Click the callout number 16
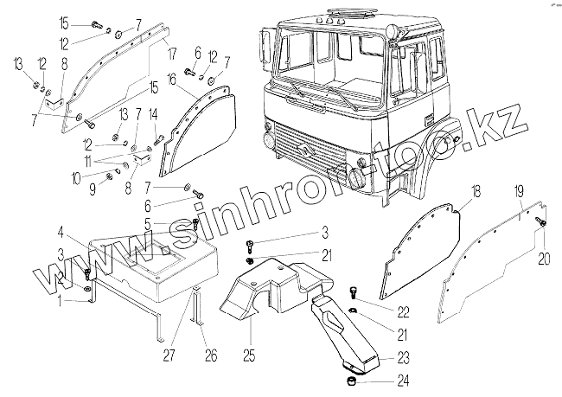[172, 79]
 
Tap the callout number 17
[172, 51]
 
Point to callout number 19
[518, 190]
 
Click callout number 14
[153, 114]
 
